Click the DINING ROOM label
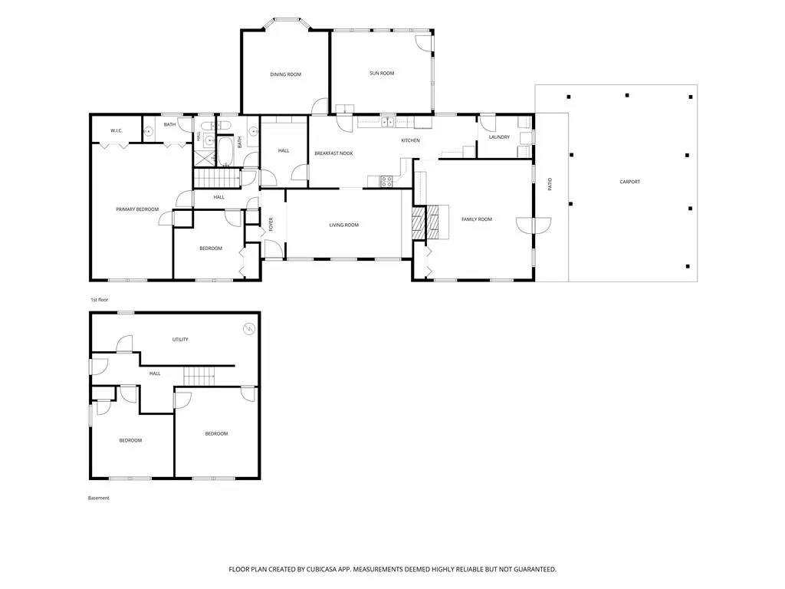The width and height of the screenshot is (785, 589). point(286,74)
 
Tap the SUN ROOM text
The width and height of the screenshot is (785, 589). point(382,73)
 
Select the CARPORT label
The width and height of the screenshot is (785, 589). point(630,182)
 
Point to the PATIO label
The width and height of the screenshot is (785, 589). point(550,184)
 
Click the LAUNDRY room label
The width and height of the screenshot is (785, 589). point(499,137)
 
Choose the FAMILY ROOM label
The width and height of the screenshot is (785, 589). point(477,219)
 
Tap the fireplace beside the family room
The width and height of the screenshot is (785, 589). point(431,222)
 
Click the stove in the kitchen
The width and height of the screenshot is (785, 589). point(386,181)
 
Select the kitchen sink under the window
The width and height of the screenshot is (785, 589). point(387,122)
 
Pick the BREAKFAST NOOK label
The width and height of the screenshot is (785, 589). point(334,153)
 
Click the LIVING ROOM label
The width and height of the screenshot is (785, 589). point(344,225)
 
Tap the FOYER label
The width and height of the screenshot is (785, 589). point(271,224)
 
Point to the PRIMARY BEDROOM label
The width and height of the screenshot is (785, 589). point(137,209)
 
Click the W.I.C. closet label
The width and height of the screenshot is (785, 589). point(117,130)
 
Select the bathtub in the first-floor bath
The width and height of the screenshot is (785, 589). point(225,151)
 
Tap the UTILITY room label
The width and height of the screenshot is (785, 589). point(180,340)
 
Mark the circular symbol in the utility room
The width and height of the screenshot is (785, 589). point(249,328)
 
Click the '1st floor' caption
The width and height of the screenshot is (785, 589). point(99,300)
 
